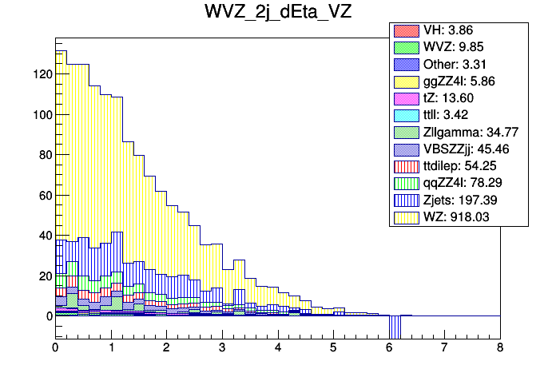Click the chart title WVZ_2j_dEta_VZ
pyautogui.click(x=277, y=14)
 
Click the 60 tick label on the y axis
pyautogui.click(x=46, y=196)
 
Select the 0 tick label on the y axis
pyautogui.click(x=49, y=316)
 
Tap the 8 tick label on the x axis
pyautogui.click(x=499, y=348)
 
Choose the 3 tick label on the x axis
pyautogui.click(x=222, y=348)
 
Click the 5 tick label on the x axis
pyautogui.click(x=333, y=348)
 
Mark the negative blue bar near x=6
pyautogui.click(x=394, y=327)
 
